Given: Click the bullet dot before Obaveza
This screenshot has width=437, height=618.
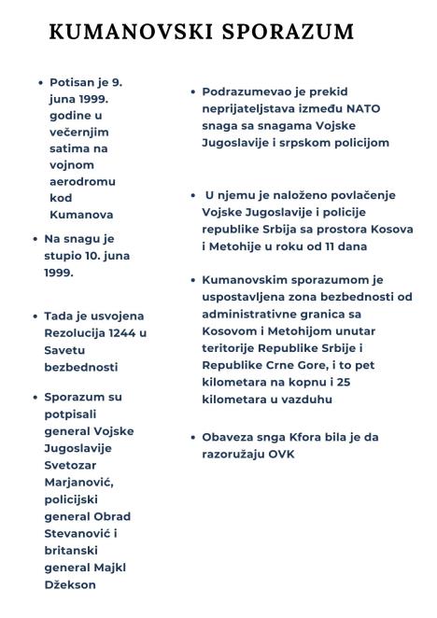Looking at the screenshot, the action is (x=191, y=437).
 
